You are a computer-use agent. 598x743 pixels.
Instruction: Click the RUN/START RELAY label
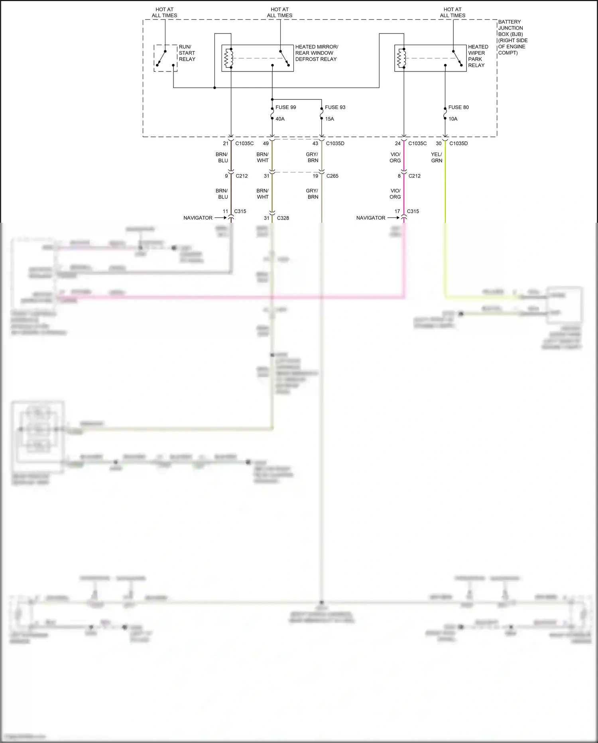[x=187, y=53]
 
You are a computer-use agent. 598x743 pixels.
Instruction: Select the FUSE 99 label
[x=285, y=107]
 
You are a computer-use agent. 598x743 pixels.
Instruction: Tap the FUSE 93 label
[x=335, y=107]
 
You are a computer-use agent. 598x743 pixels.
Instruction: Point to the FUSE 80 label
[x=458, y=107]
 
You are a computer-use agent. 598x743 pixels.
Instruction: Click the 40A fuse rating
[x=280, y=119]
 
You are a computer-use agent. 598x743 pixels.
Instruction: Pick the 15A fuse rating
[x=329, y=119]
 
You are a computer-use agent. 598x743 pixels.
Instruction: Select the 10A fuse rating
[x=453, y=119]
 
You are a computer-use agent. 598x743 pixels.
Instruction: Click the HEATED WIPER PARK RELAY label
[x=478, y=56]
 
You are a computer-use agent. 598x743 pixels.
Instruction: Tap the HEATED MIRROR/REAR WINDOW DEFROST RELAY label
[x=316, y=53]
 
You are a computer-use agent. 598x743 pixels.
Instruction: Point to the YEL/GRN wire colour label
[x=437, y=157]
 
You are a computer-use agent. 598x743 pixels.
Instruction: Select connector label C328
[x=283, y=218]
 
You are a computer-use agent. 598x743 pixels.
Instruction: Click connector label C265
[x=332, y=176]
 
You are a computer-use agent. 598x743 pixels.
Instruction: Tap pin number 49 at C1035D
[x=266, y=143]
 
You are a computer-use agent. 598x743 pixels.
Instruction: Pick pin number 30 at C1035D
[x=439, y=143]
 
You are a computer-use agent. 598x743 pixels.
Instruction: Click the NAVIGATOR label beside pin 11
[x=198, y=218]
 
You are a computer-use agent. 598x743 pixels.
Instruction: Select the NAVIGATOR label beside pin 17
[x=371, y=218]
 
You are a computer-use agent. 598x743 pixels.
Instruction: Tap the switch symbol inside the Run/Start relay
[x=162, y=58]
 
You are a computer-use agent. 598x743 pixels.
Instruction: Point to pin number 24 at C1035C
[x=397, y=143]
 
